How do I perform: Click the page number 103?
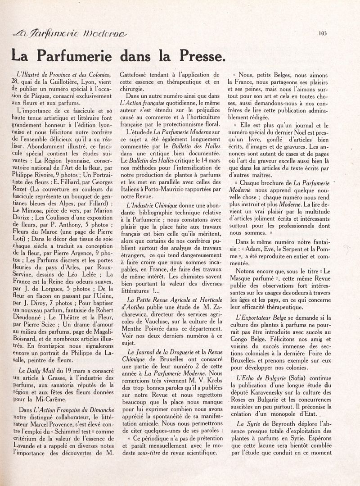[322, 32]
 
